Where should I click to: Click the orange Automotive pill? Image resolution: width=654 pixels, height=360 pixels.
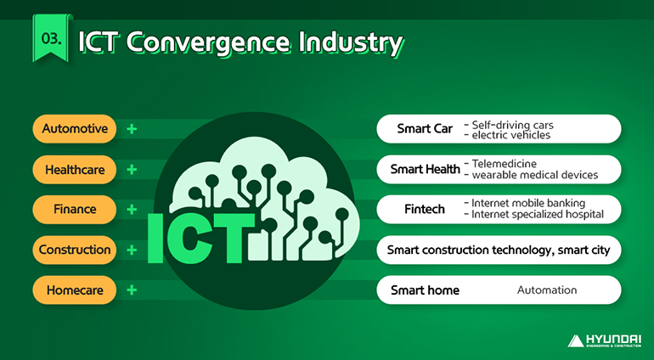pyautogui.click(x=75, y=129)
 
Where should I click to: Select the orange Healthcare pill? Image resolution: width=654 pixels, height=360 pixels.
pyautogui.click(x=75, y=170)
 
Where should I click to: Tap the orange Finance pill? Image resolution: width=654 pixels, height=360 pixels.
pyautogui.click(x=75, y=209)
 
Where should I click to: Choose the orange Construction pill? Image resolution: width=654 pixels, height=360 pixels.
pyautogui.click(x=75, y=250)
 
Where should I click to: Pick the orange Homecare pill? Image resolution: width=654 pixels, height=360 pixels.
pyautogui.click(x=75, y=290)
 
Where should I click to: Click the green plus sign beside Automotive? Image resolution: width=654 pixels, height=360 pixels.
pyautogui.click(x=132, y=129)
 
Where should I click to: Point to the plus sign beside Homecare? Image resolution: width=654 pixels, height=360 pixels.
pyautogui.click(x=132, y=290)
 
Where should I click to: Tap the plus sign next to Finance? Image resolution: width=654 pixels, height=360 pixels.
pyautogui.click(x=132, y=209)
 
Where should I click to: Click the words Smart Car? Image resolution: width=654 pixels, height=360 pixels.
pyautogui.click(x=425, y=129)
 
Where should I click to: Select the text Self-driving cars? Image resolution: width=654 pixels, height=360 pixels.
pyautogui.click(x=508, y=124)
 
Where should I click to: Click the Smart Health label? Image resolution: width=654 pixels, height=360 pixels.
pyautogui.click(x=425, y=169)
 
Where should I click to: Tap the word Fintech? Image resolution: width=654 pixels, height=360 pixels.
pyautogui.click(x=425, y=209)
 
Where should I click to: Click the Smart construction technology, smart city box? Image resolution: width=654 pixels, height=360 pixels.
pyautogui.click(x=499, y=250)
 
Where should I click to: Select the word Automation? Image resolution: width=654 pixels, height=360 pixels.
pyautogui.click(x=547, y=290)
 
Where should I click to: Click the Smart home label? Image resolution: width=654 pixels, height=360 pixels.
pyautogui.click(x=425, y=290)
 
